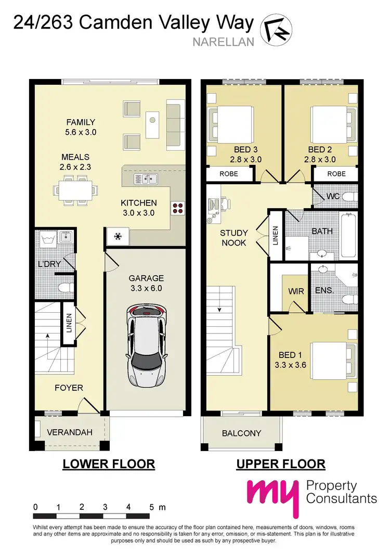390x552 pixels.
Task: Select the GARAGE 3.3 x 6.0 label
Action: pos(146,284)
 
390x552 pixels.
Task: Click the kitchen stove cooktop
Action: pos(177,208)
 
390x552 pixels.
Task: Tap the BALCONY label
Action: pos(241,433)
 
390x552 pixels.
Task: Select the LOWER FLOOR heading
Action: pos(109,464)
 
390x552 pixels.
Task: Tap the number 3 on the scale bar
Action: pos(105,507)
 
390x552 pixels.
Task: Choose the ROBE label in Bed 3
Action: pos(228,174)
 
